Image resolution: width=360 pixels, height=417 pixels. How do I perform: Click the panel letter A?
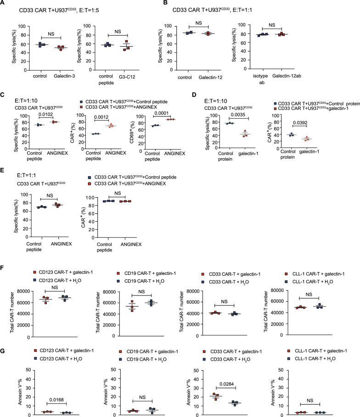tap(4, 4)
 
